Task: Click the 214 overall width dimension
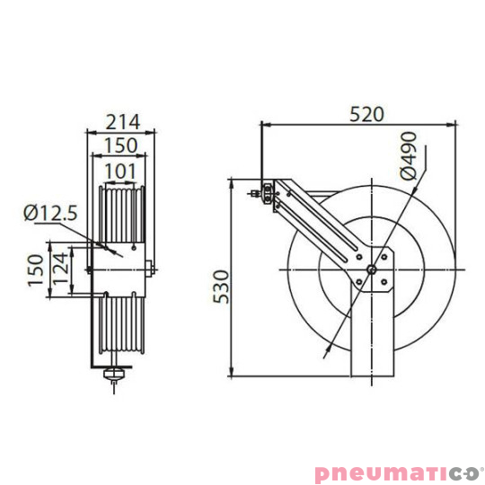pyautogui.click(x=122, y=120)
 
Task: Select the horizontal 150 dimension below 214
pyautogui.click(x=121, y=145)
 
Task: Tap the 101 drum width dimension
pyautogui.click(x=121, y=171)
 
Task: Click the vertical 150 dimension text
pyautogui.click(x=35, y=269)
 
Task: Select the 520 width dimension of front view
pyautogui.click(x=365, y=113)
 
